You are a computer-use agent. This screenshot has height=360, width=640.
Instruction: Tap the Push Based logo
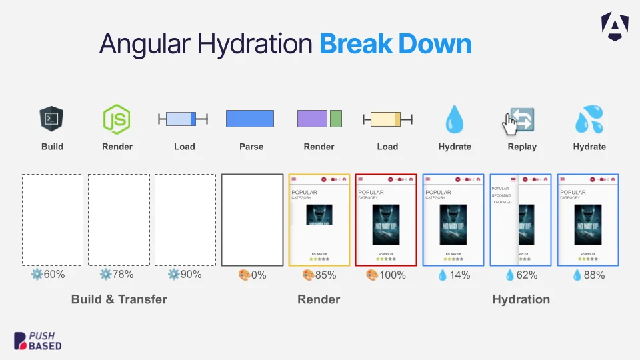point(38,341)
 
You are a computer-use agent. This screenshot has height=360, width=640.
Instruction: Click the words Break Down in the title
point(395,45)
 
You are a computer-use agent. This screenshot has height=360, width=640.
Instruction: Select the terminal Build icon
point(51,119)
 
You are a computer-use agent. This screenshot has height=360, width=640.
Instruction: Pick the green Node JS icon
point(117,119)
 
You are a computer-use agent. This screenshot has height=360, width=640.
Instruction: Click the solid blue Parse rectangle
point(250,119)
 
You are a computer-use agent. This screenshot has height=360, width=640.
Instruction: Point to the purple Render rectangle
point(311,119)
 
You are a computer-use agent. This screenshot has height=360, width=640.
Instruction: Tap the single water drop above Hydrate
point(454,119)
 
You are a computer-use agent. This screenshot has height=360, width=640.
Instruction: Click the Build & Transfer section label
point(119,299)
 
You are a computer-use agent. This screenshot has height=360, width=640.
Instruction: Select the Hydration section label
point(521,299)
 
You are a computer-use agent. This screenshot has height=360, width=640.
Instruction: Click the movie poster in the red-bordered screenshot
point(386,225)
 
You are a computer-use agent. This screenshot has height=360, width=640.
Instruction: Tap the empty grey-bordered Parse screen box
point(252,220)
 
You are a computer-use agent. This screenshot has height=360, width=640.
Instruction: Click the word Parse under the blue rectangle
point(251,147)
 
